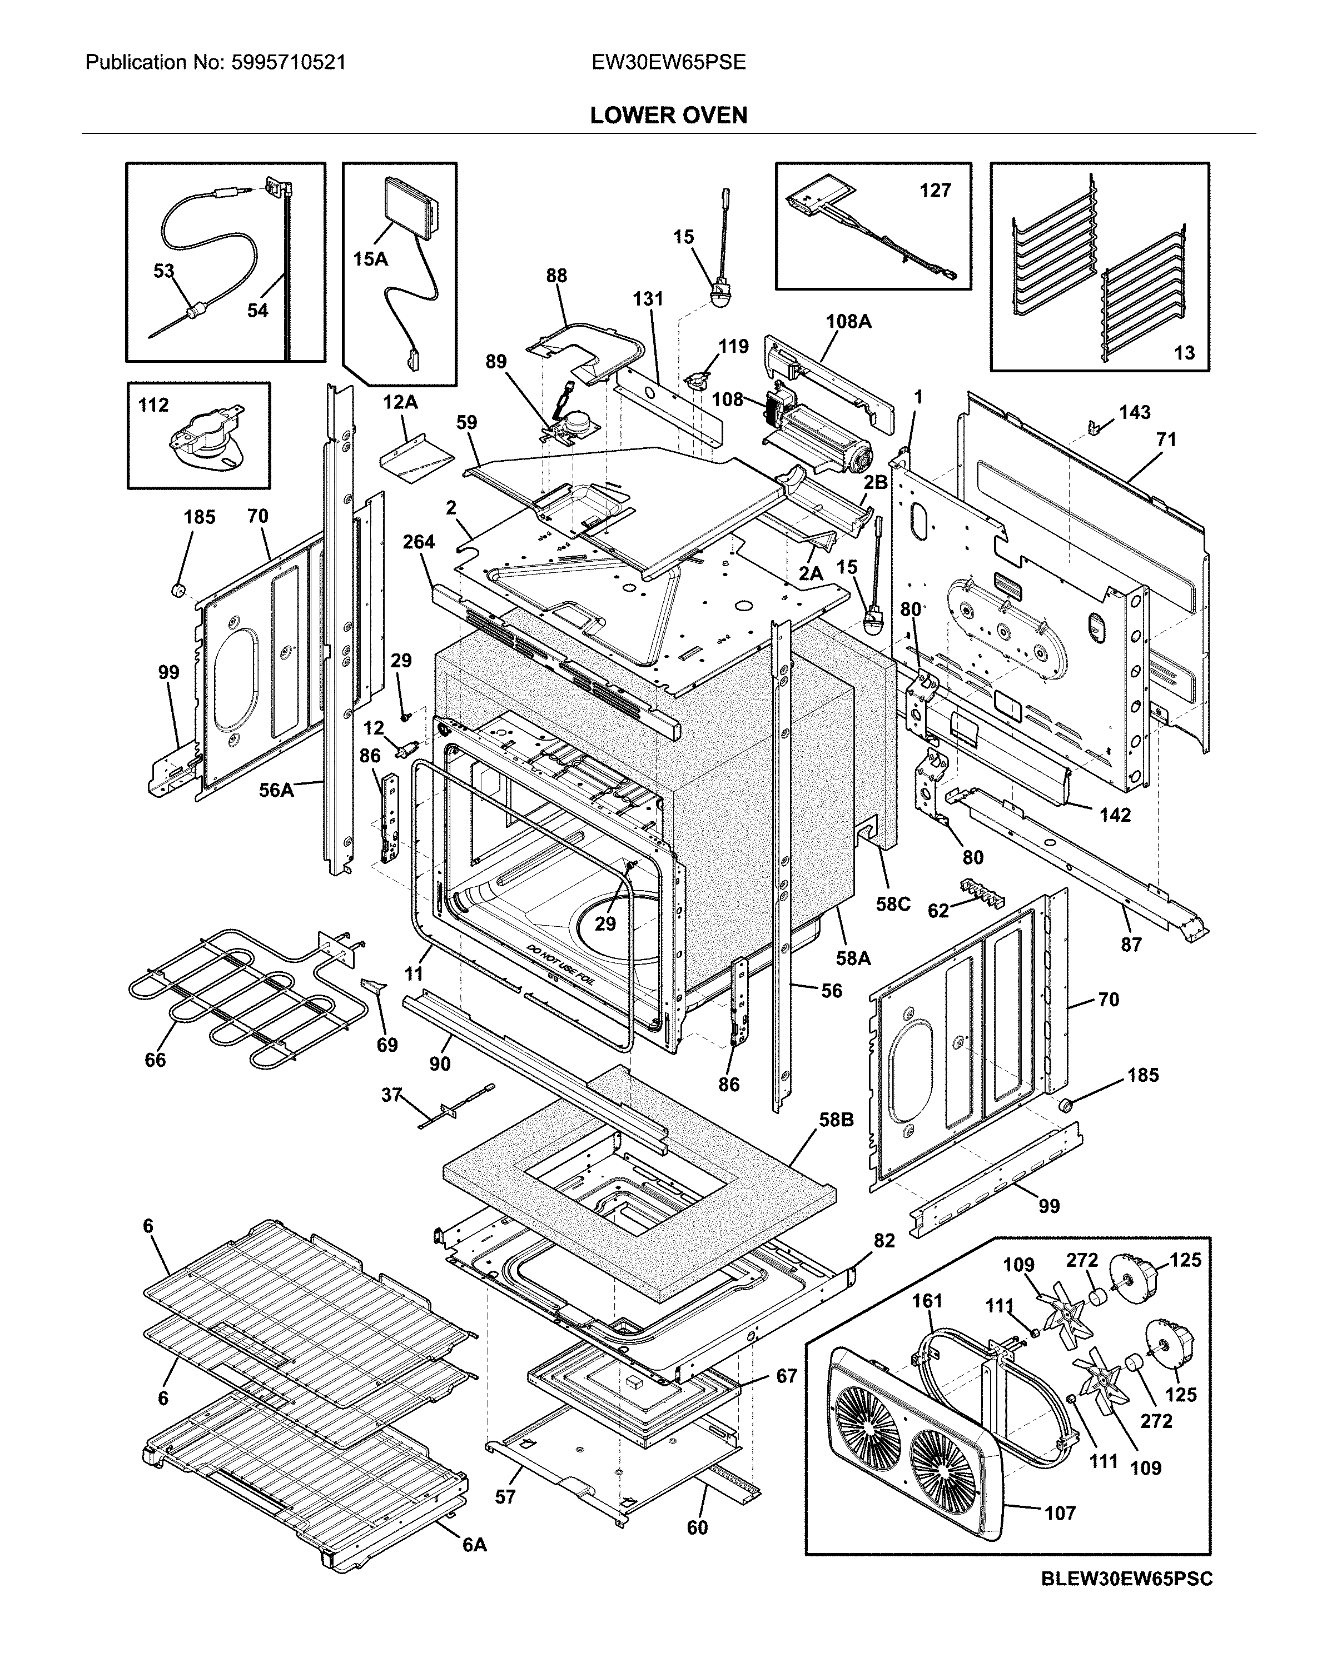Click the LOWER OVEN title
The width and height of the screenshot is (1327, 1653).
pos(668,115)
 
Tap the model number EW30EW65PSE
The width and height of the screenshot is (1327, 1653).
pos(668,62)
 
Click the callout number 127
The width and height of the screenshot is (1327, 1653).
pos(935,190)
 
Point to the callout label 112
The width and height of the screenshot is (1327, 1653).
pos(153,405)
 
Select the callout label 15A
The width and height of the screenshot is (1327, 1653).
pos(370,259)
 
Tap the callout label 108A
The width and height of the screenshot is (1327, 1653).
pos(848,321)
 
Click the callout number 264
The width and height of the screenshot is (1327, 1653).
pos(419,542)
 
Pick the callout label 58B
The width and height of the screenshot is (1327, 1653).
pos(836,1120)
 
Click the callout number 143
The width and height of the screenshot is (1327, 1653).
pos(1135,412)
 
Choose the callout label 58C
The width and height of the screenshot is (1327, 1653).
pos(893,904)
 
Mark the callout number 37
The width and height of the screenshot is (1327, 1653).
pos(392,1094)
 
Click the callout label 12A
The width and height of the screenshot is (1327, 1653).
pos(400,402)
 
